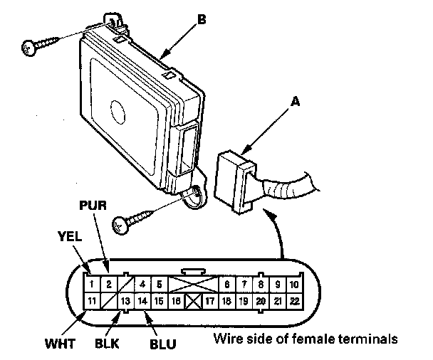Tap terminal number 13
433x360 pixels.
(x=125, y=301)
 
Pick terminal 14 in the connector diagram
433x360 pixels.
(x=142, y=301)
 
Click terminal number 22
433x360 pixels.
(x=296, y=301)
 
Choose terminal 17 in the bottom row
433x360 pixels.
(x=210, y=301)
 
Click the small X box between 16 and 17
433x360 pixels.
(x=192, y=301)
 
